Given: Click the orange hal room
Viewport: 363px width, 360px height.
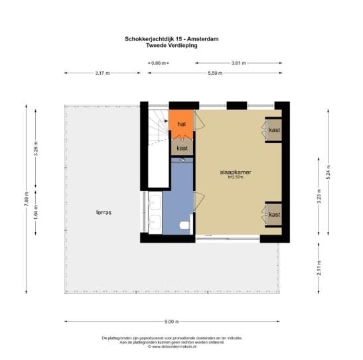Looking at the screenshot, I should click(181, 123).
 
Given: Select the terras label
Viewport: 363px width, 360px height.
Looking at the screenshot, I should click(104, 213).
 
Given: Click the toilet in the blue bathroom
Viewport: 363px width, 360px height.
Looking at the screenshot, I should click(184, 226).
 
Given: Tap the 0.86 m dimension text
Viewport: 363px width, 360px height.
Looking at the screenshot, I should click(158, 63).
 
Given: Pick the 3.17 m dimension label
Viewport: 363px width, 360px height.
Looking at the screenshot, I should click(102, 74).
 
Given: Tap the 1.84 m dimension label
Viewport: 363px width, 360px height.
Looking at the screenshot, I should click(37, 212).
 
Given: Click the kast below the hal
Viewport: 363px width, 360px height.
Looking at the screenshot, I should click(181, 149).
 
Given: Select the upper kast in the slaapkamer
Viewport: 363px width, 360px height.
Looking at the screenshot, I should click(273, 130).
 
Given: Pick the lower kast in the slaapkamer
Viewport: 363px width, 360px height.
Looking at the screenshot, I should click(273, 214).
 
